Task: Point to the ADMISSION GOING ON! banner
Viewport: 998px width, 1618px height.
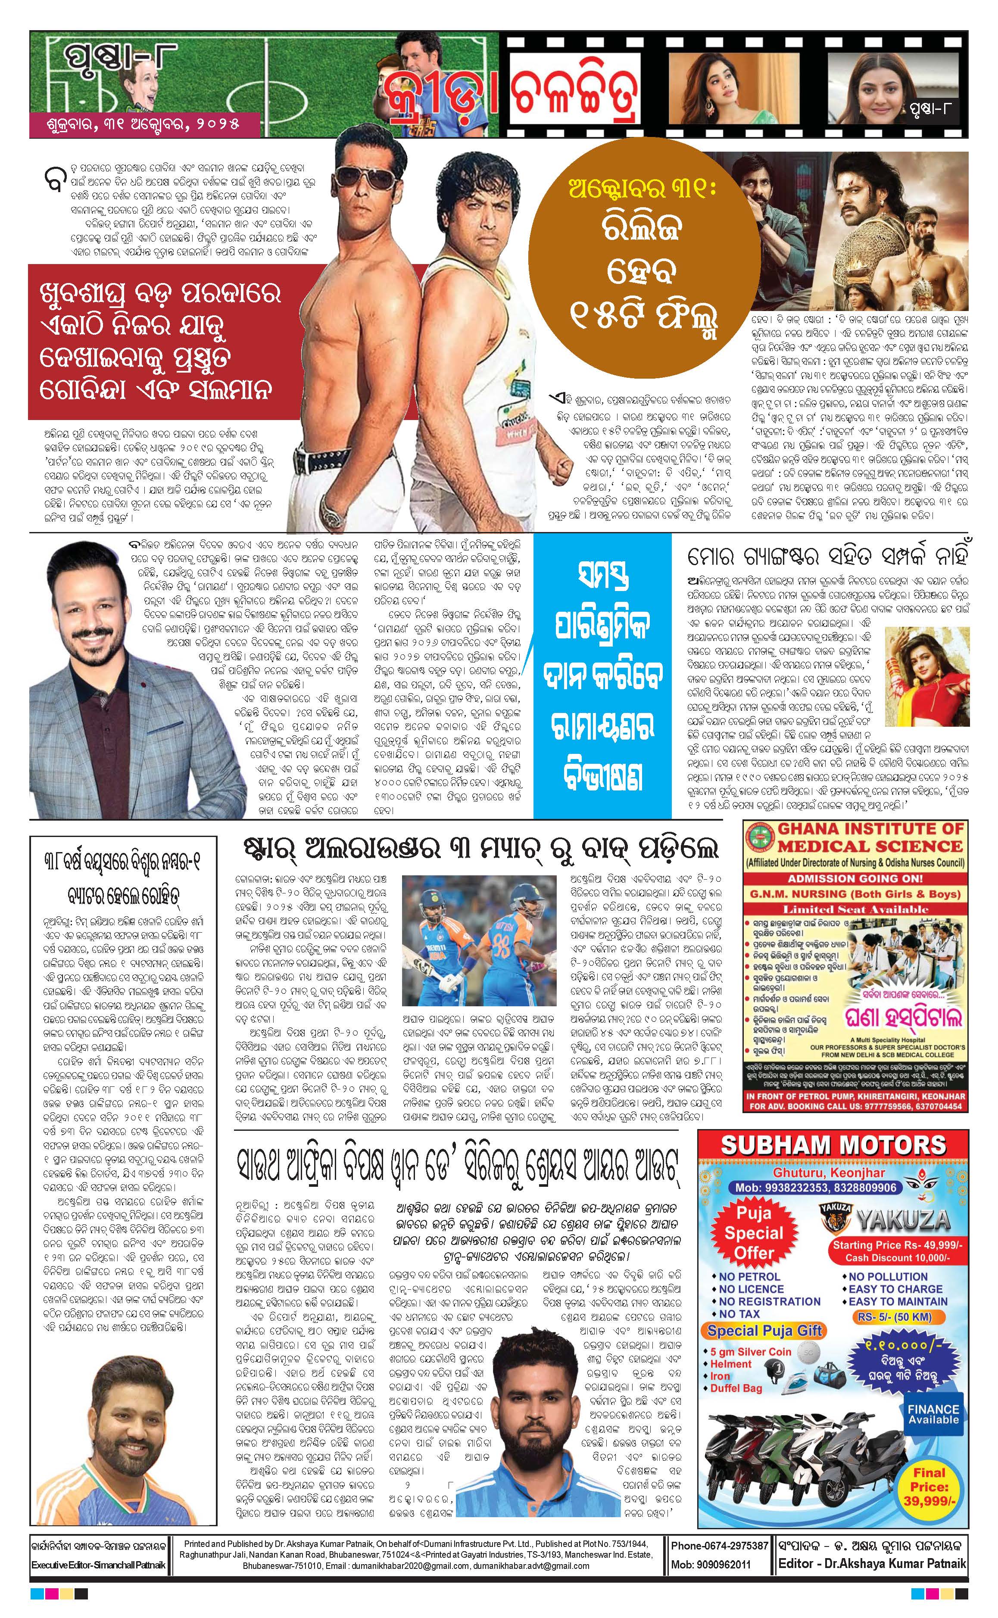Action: tap(855, 878)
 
